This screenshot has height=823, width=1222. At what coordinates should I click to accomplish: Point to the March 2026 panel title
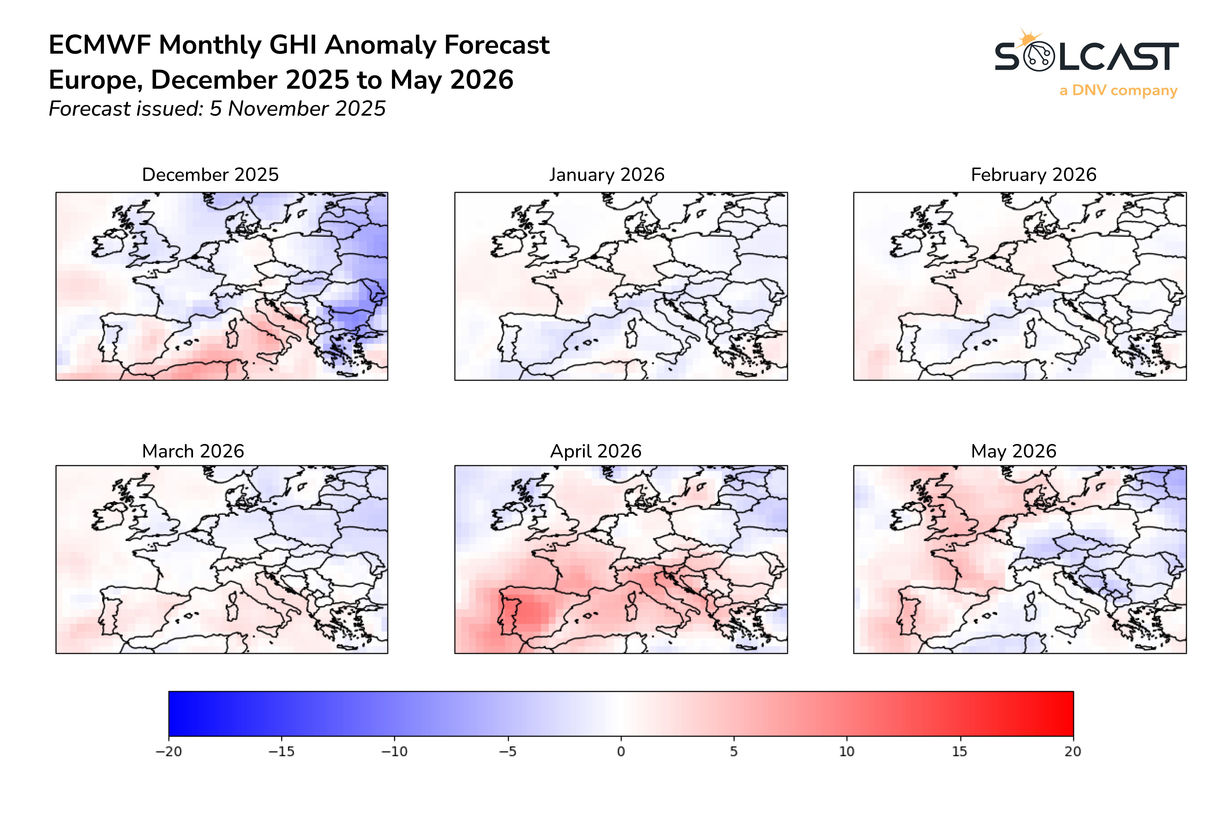pyautogui.click(x=193, y=451)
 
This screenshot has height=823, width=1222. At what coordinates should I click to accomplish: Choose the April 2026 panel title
pyautogui.click(x=596, y=451)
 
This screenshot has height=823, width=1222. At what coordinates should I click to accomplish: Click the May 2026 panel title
pyautogui.click(x=1013, y=451)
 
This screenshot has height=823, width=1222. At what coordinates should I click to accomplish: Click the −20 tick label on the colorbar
pyautogui.click(x=168, y=752)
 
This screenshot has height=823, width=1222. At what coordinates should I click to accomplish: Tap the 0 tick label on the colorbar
pyautogui.click(x=621, y=752)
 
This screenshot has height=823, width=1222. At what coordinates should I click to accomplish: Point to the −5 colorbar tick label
pyautogui.click(x=508, y=752)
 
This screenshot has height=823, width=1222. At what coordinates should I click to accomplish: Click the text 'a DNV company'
pyautogui.click(x=1118, y=91)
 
